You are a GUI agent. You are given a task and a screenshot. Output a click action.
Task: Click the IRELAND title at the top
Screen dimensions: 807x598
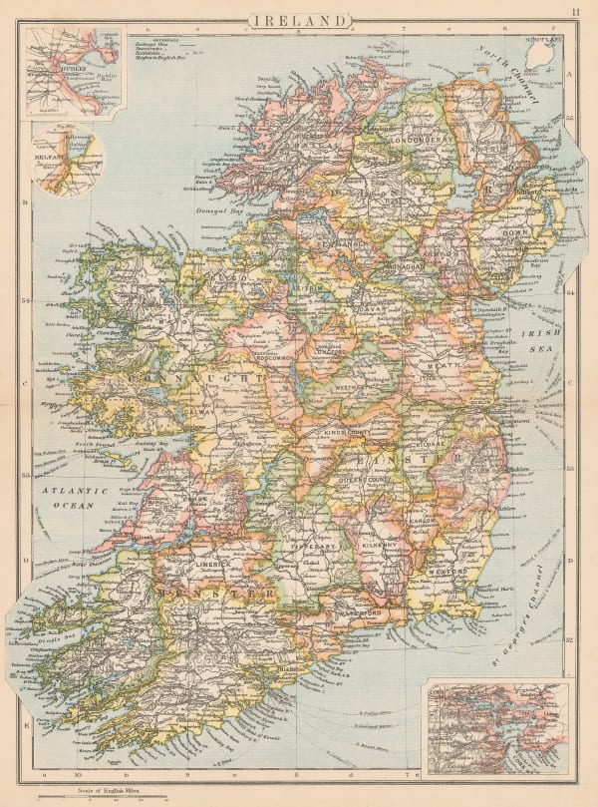point(299,20)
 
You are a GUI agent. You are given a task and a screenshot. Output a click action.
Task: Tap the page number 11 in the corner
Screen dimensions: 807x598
point(575,12)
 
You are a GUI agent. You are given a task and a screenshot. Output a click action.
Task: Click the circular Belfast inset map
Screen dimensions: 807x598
point(68,160)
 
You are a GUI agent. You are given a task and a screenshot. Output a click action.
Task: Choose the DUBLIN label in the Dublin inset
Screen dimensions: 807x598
point(50,71)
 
